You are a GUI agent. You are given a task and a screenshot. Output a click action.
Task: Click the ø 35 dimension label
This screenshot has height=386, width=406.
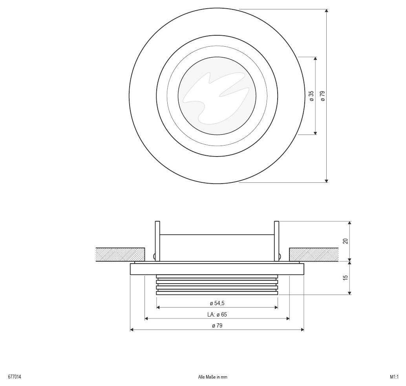311,96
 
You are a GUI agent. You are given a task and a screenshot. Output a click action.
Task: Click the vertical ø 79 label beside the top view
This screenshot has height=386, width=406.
322,96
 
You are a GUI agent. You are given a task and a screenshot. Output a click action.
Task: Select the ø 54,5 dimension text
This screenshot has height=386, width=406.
217,303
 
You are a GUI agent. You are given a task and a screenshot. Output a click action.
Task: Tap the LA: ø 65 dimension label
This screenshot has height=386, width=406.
217,314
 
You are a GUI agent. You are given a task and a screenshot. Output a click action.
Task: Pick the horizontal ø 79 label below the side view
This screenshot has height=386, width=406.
217,326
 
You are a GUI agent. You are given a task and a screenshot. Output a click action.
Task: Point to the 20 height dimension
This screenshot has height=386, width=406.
346,241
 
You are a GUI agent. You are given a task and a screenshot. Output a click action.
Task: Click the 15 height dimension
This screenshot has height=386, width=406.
346,277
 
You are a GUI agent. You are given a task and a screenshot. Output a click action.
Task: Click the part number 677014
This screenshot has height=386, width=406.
15,377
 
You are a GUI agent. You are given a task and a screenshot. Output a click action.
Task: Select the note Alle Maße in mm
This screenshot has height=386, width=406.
212,377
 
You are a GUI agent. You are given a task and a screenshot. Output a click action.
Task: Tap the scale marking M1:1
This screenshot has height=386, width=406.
394,377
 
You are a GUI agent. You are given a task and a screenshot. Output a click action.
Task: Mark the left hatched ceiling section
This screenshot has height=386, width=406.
120,255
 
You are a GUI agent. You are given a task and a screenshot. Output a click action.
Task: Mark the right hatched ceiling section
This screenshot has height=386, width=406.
314,255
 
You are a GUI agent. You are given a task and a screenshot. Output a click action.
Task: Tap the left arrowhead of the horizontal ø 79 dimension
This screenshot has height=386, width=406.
132,330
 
